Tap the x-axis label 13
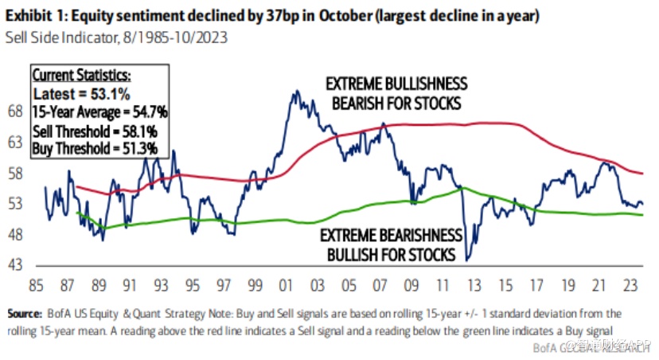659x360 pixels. tap(470, 285)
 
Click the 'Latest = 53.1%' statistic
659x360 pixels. tap(77, 95)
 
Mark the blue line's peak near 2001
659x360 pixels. tap(296, 91)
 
